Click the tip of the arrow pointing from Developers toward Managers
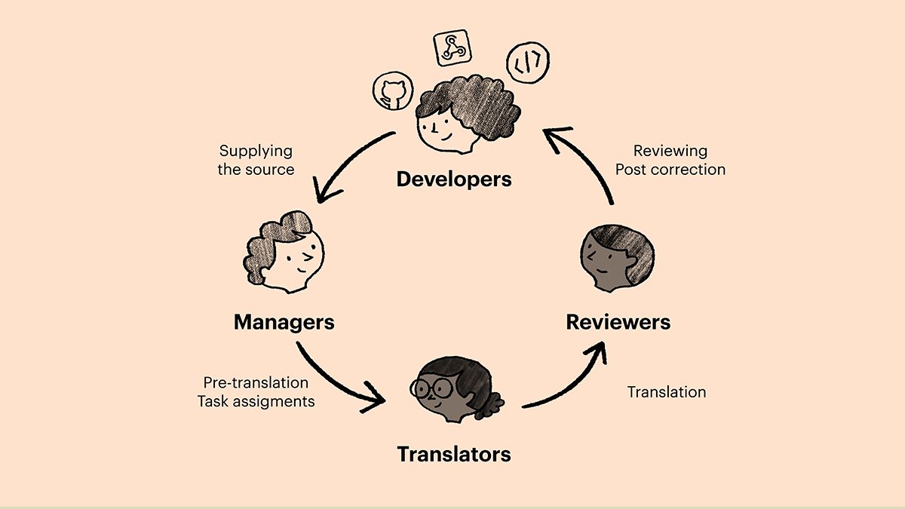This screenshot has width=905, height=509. [320, 202]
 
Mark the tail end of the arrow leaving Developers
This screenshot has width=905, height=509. [394, 133]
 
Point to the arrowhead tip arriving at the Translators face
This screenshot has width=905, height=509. [384, 400]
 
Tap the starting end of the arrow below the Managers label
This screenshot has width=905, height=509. [298, 343]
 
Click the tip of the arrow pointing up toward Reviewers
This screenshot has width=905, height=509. [603, 343]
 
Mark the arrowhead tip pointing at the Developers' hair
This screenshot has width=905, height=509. [545, 130]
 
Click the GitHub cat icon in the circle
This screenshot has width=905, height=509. [393, 91]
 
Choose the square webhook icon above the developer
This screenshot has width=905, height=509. [452, 48]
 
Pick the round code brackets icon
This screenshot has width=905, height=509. [528, 62]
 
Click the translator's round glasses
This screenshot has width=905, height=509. [431, 388]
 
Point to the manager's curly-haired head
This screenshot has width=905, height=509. [284, 252]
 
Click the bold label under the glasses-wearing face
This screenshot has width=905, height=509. [454, 454]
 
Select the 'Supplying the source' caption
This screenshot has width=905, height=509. [256, 160]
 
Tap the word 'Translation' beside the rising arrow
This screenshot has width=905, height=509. [667, 392]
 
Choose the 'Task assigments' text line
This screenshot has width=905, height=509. [256, 401]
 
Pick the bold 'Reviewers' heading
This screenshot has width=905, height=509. [618, 322]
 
